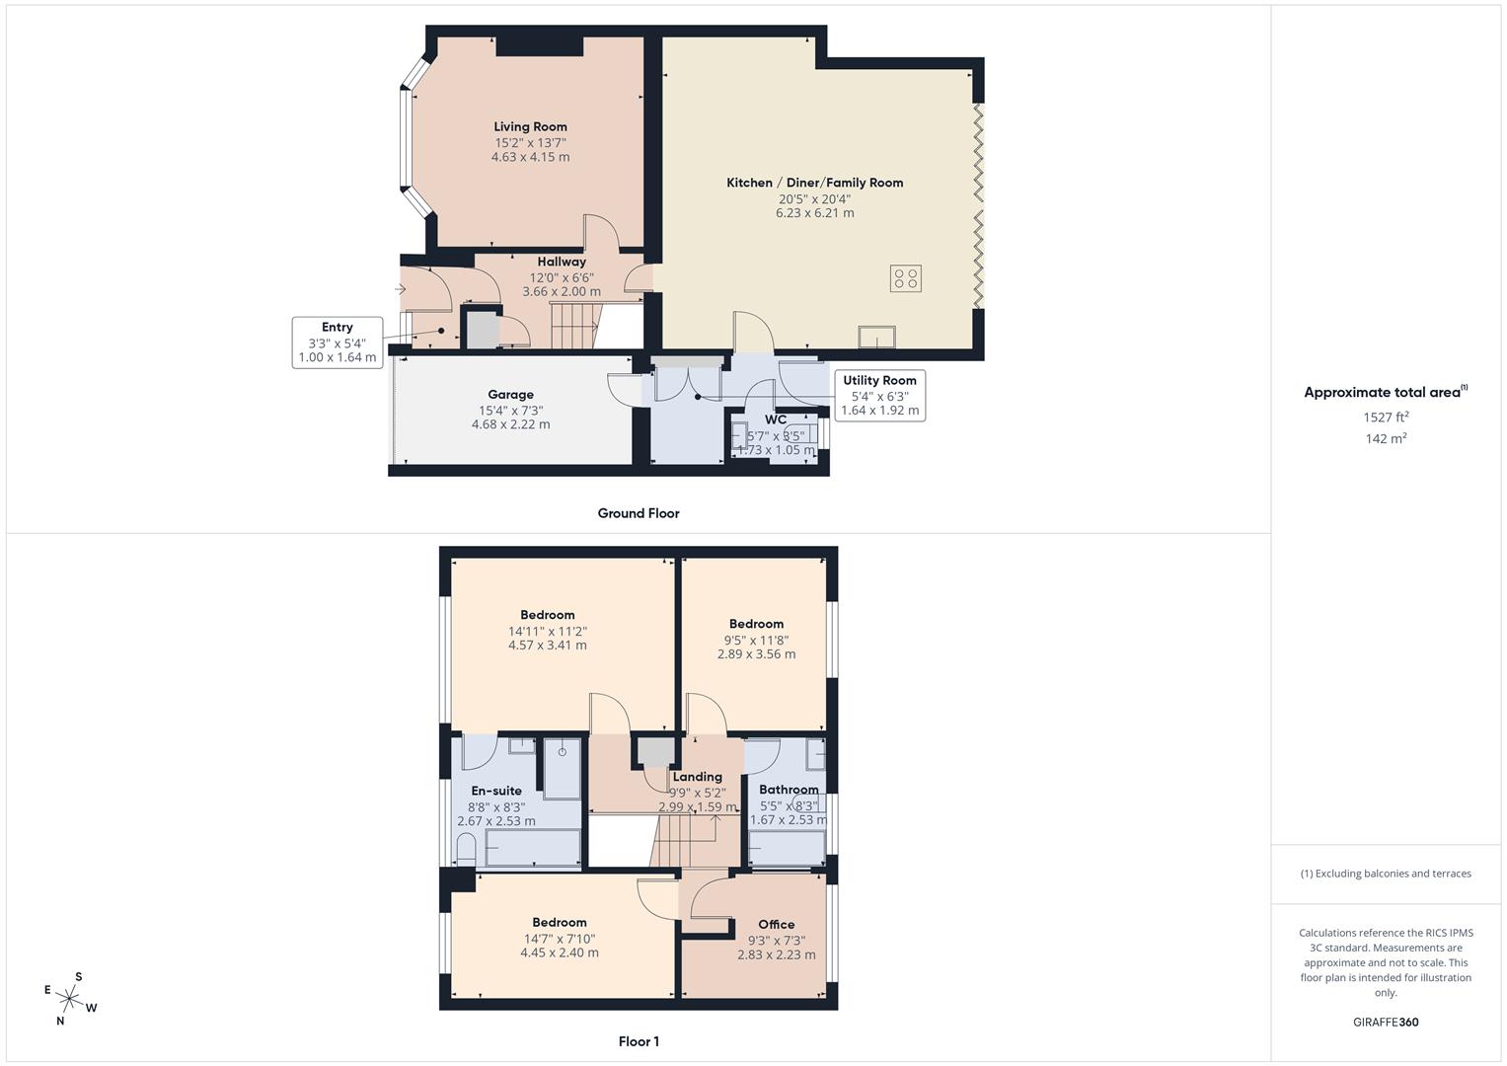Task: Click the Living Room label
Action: coord(530,126)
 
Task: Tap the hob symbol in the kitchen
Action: coord(905,278)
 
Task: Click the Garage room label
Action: coord(510,395)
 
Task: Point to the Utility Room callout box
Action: coord(879,395)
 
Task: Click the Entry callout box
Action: coord(337,343)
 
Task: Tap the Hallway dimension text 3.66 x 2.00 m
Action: coord(561,292)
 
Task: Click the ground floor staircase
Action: coord(574,326)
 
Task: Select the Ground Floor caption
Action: coord(638,513)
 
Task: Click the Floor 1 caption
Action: coord(638,1041)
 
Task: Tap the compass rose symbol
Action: coord(69,999)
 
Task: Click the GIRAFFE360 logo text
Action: coord(1386,1023)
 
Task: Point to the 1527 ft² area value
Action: coord(1386,418)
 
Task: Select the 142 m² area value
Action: coord(1386,439)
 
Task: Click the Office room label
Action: coord(776,925)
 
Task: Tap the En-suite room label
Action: coord(496,791)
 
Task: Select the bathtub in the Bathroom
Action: coord(787,848)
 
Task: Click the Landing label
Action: coord(697,777)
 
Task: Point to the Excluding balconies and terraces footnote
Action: coord(1386,874)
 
